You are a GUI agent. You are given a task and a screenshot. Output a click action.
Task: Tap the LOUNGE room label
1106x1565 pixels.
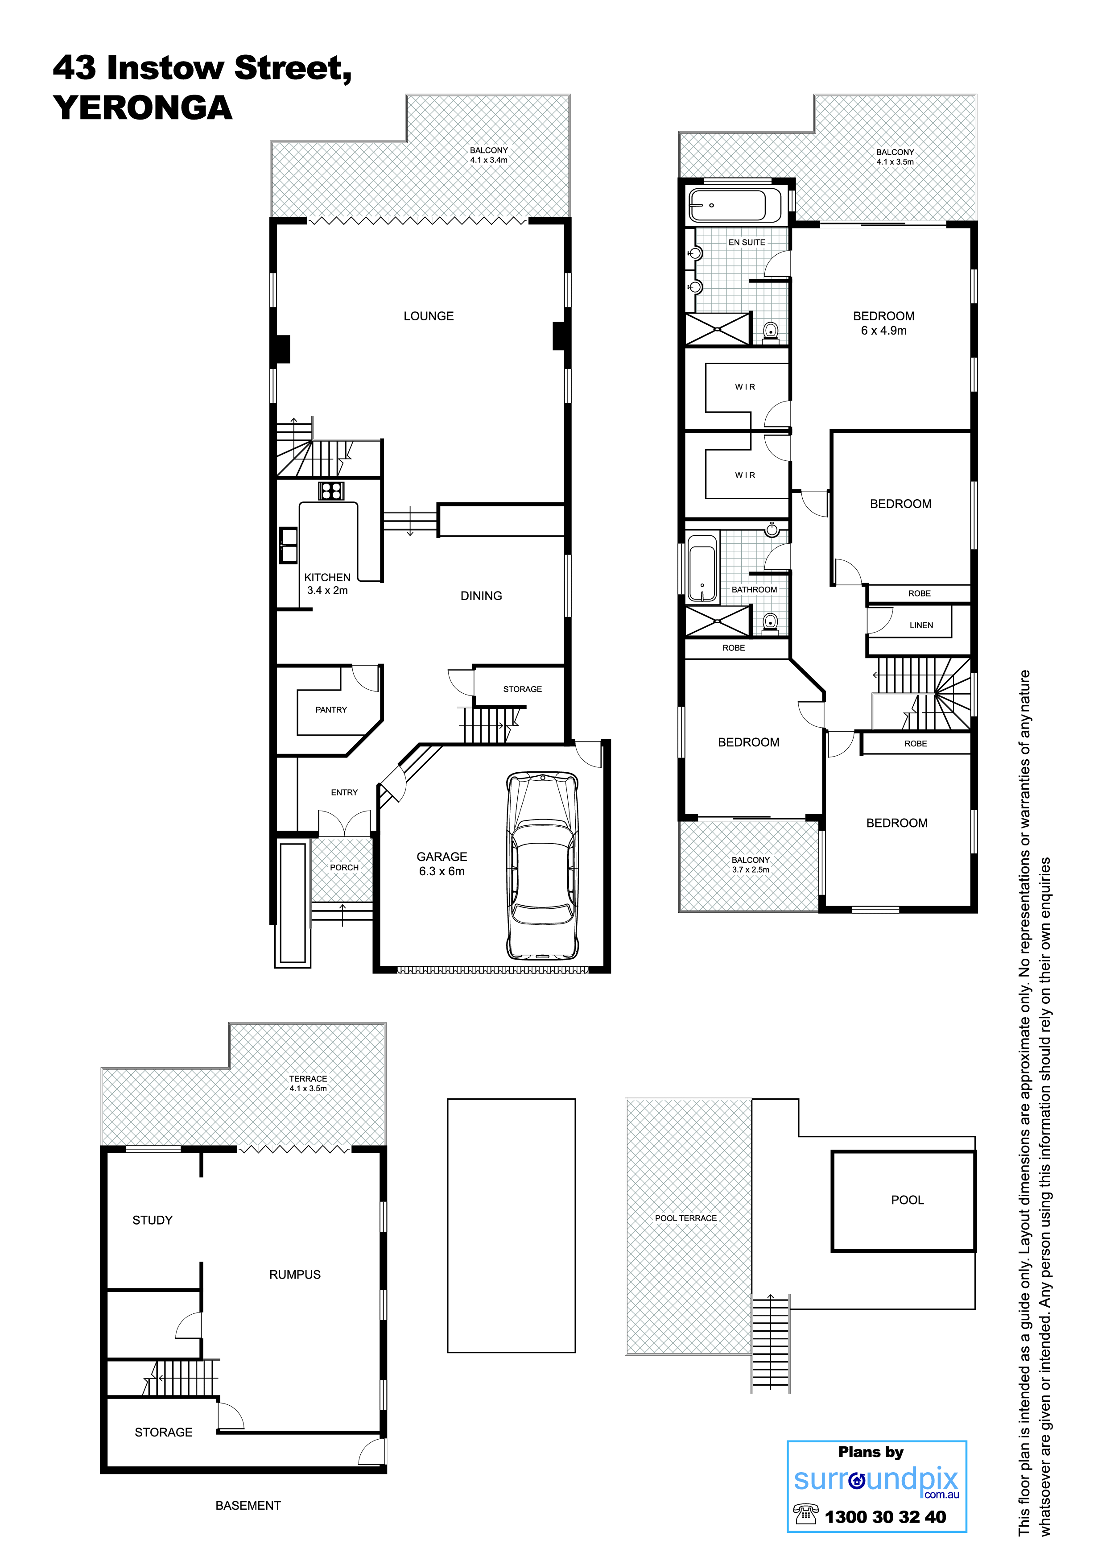(429, 316)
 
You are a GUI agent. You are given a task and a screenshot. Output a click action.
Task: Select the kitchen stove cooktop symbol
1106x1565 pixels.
(331, 491)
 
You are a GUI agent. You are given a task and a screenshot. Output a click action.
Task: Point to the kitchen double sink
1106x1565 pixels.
(288, 545)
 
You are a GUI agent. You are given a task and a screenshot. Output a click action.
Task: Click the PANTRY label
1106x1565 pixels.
(331, 710)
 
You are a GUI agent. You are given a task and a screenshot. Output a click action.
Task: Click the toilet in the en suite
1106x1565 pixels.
(771, 332)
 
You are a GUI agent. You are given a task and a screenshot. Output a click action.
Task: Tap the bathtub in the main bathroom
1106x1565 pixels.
(702, 568)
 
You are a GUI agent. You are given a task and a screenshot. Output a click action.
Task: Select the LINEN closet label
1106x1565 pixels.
(921, 625)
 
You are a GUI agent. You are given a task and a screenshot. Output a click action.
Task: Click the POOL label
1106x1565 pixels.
(908, 1200)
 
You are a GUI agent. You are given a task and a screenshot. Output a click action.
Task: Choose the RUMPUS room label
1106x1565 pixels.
(295, 1274)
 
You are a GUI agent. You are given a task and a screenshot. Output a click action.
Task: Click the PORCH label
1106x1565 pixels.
(344, 868)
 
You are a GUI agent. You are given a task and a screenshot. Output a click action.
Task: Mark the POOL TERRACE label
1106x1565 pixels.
(686, 1218)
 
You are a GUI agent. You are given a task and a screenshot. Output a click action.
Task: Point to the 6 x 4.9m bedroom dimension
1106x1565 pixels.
(884, 331)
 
